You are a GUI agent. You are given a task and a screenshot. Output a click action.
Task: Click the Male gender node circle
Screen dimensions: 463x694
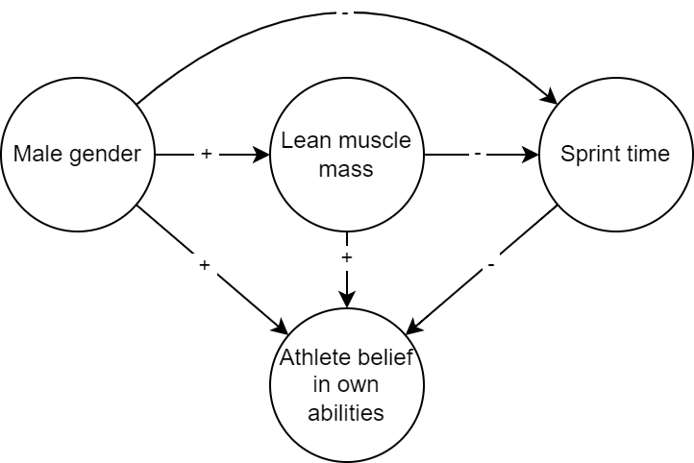click(78, 154)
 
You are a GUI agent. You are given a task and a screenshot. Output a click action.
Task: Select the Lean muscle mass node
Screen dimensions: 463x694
click(346, 154)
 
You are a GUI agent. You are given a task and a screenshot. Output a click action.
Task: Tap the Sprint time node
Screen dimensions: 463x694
click(615, 154)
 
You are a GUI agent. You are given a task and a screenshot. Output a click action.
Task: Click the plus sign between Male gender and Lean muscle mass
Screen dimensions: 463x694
click(206, 154)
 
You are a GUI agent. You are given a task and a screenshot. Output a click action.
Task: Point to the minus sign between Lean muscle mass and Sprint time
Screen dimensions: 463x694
click(477, 154)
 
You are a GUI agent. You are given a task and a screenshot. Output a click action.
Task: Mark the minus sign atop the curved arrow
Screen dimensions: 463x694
click(342, 12)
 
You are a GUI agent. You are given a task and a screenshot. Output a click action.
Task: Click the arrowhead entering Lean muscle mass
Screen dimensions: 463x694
click(262, 154)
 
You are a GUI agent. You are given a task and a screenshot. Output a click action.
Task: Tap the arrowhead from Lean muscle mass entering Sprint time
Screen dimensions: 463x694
click(532, 154)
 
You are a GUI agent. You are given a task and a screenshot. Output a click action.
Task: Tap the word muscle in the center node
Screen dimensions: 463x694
click(379, 141)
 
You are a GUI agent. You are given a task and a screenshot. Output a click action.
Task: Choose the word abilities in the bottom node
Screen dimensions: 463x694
click(346, 413)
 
